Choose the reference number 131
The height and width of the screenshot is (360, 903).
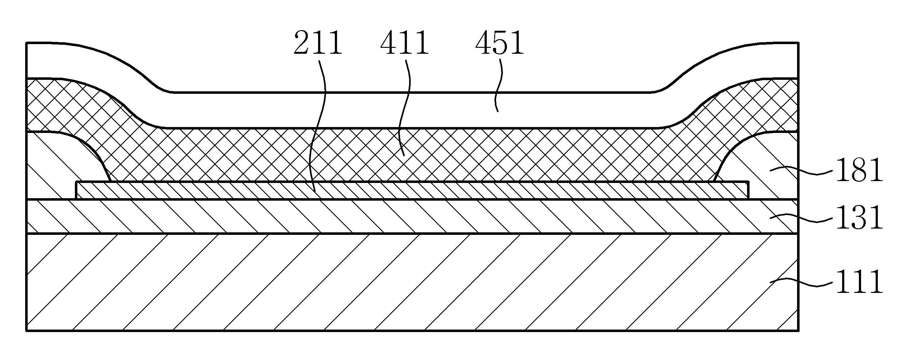click(859, 218)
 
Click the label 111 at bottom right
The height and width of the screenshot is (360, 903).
click(859, 281)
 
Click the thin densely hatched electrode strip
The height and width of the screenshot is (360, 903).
click(412, 190)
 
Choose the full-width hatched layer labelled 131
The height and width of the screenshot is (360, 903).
click(412, 216)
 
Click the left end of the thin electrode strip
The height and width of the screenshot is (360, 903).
click(76, 190)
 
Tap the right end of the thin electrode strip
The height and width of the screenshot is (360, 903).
click(748, 190)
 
